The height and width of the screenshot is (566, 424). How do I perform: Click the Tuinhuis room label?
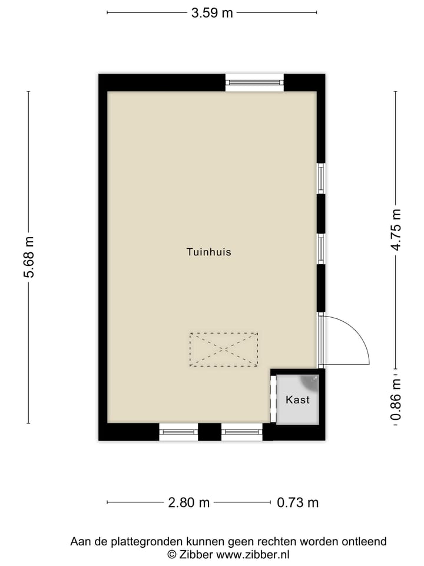208,252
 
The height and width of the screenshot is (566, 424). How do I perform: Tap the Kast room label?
297,400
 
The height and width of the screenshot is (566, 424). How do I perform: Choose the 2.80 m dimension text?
188,503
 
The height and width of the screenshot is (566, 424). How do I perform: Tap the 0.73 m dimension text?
297,503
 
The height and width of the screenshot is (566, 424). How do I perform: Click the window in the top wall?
254,82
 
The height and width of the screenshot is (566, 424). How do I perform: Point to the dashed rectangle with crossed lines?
224,349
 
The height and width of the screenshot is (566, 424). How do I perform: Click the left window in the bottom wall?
178,432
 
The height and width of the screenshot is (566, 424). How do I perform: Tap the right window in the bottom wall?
241,432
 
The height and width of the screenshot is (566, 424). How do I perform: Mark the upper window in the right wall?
321,177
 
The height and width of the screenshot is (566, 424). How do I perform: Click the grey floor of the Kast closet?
298,413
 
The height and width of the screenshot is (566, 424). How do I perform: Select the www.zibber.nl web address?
253,554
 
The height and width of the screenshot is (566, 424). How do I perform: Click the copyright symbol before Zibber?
171,554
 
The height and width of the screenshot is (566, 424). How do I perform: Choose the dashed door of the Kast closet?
273,400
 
